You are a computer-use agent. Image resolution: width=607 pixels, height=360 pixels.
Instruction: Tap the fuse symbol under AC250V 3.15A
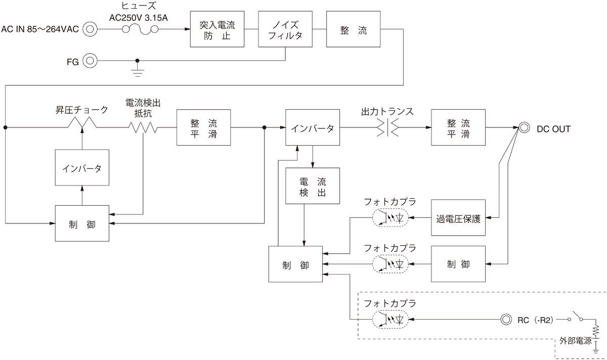coord(143,30)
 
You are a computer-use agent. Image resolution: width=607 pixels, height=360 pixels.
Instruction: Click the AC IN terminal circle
coord(90,29)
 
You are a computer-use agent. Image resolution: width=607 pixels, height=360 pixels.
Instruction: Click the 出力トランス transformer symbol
coord(387,128)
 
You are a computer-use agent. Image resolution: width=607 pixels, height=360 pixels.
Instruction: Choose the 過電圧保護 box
coord(458,218)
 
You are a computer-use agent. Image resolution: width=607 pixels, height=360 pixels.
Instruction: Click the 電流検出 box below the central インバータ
coord(312,186)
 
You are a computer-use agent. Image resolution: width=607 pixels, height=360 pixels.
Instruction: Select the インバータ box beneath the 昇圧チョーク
coord(81,167)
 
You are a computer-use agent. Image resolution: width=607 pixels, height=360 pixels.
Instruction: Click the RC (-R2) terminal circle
coord(506,320)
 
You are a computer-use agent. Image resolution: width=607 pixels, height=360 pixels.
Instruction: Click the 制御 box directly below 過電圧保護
coord(458,264)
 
